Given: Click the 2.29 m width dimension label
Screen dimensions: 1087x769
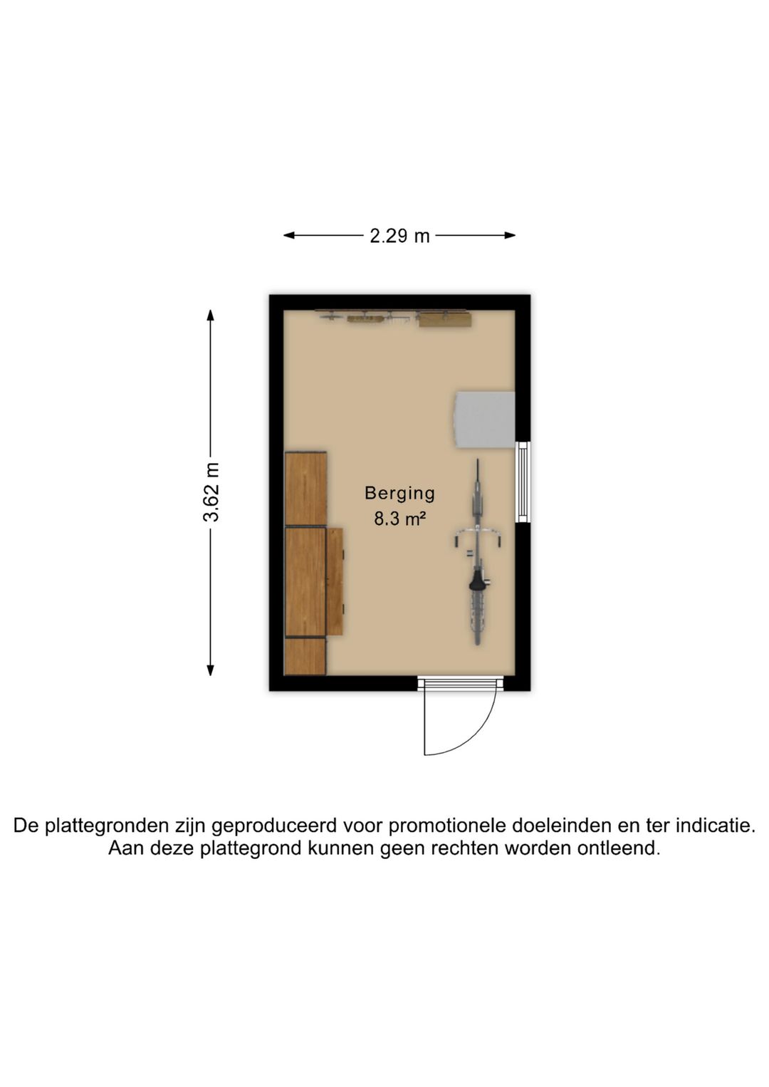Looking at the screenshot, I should (399, 236).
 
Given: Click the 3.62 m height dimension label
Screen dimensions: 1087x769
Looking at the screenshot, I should (211, 492).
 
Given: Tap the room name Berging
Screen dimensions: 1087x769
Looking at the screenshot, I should (399, 493).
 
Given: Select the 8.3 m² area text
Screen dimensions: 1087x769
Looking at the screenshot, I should (399, 519).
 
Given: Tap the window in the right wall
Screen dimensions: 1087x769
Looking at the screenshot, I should (523, 482).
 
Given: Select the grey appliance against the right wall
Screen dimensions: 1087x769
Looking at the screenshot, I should (485, 419).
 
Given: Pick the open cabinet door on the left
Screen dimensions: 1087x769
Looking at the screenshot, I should (335, 581).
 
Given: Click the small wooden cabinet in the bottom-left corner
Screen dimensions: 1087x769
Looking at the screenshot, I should (305, 656).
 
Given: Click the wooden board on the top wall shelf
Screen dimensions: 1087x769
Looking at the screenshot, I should (444, 320).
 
